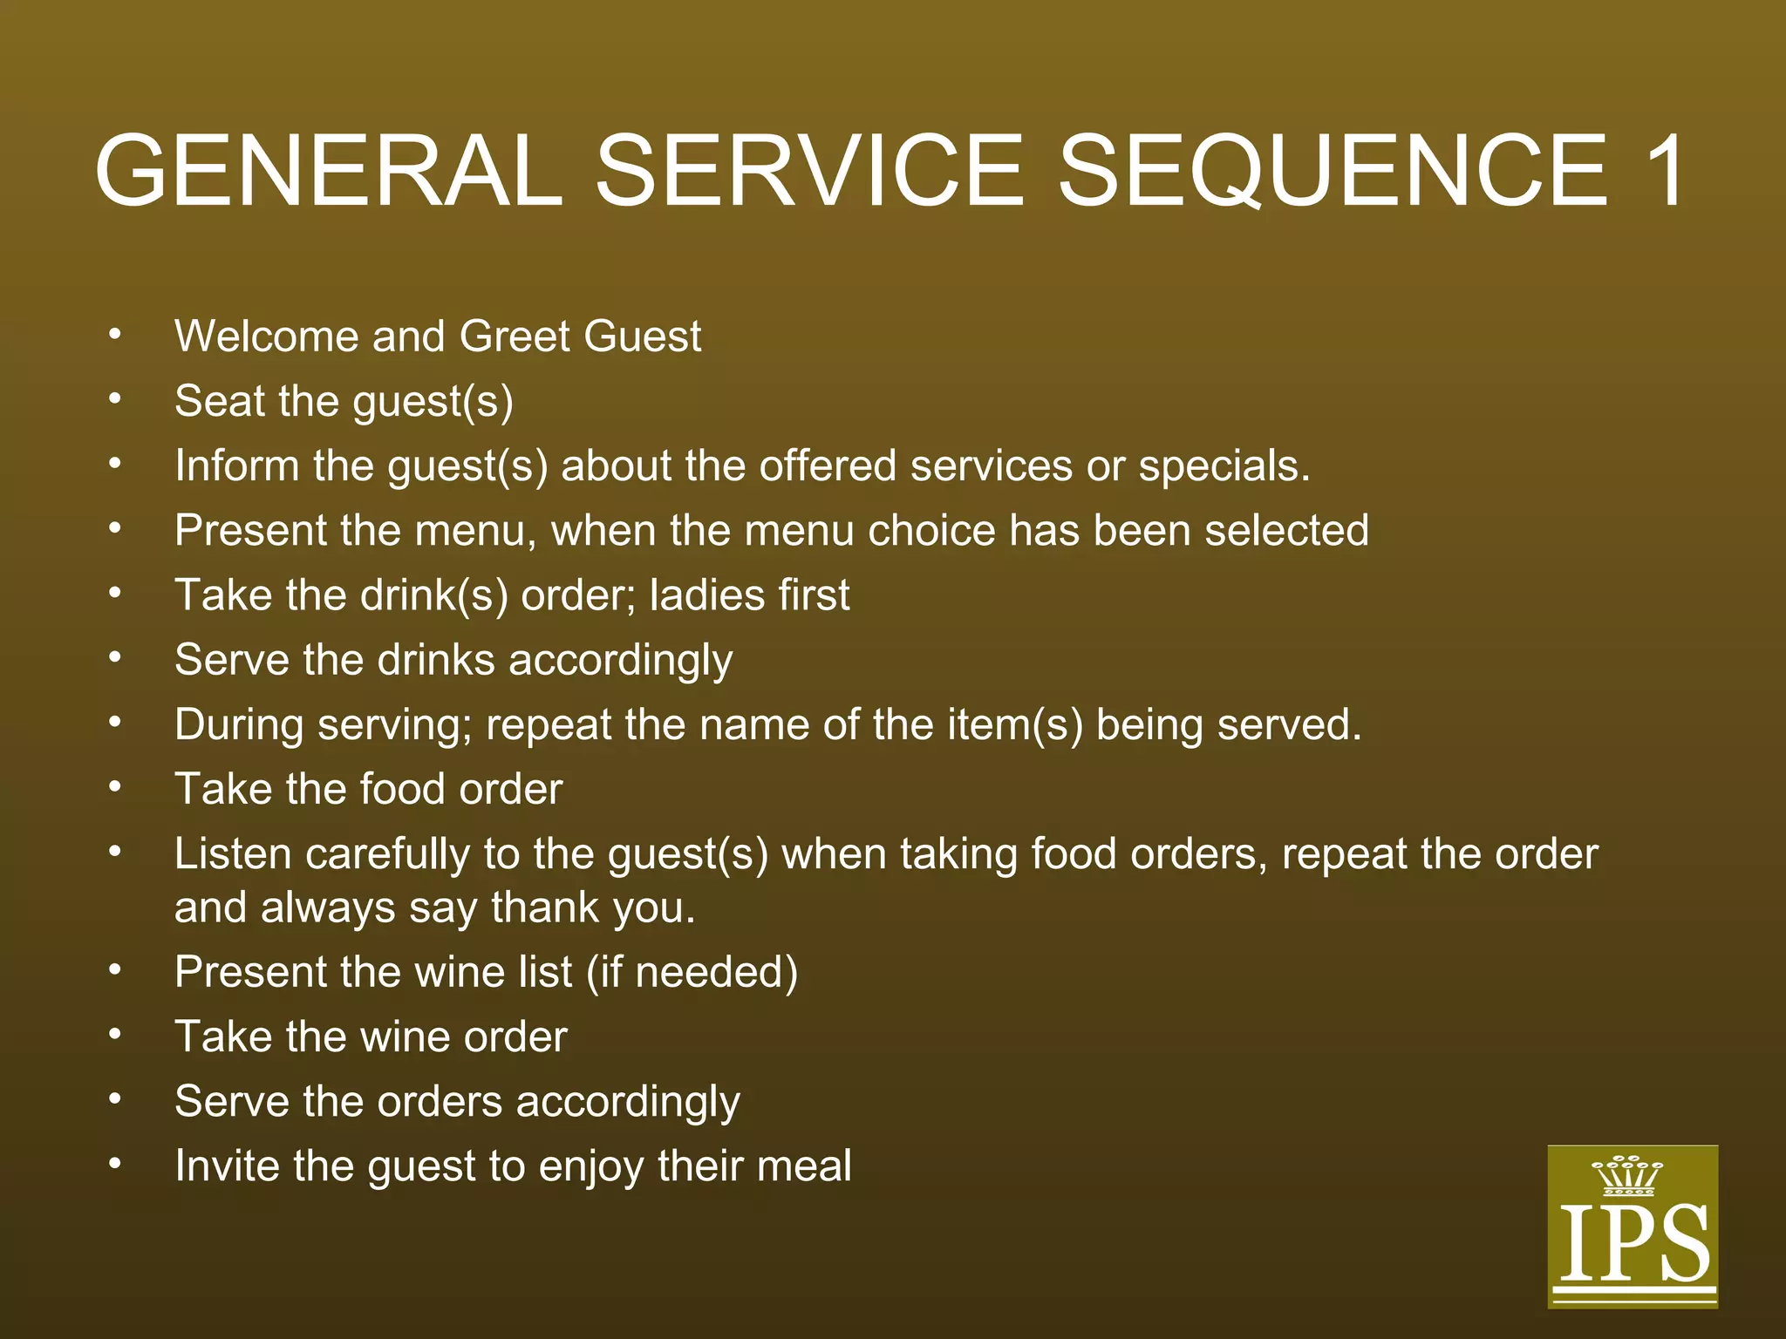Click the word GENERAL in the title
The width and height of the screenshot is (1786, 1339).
(x=329, y=171)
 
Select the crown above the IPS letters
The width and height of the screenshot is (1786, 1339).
(x=1627, y=1175)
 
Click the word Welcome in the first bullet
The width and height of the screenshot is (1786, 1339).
(x=266, y=336)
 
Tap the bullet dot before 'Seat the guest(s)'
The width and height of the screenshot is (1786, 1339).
(x=115, y=400)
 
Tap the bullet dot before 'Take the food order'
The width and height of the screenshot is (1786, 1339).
(x=115, y=788)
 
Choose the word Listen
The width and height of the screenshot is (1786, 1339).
(x=233, y=854)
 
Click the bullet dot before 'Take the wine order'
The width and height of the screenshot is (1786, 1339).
(x=115, y=1036)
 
